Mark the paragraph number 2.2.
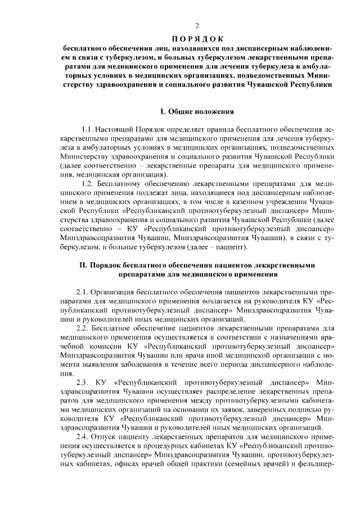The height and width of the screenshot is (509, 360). pyautogui.click(x=83, y=328)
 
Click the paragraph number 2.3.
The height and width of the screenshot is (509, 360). pyautogui.click(x=83, y=382)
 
